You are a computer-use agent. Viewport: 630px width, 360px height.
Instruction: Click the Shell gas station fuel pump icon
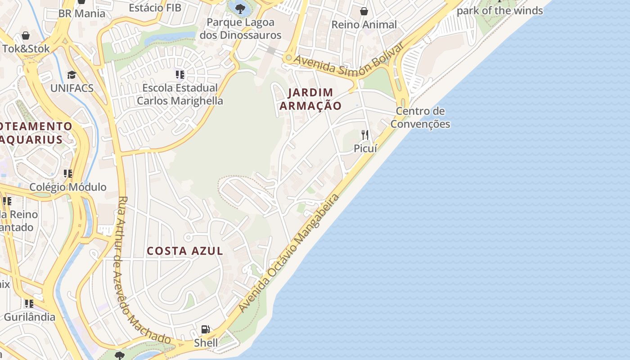tap(205, 329)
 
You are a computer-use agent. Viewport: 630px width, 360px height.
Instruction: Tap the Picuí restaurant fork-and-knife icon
tap(365, 135)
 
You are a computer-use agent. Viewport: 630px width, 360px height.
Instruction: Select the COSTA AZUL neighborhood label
tap(185, 251)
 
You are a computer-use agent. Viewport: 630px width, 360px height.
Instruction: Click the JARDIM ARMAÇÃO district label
tap(310, 99)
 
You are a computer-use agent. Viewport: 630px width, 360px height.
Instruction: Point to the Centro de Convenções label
tap(420, 117)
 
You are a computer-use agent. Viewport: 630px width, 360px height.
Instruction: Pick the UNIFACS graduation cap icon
tap(72, 75)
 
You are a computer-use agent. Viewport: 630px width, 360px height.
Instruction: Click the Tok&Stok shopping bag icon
tap(26, 36)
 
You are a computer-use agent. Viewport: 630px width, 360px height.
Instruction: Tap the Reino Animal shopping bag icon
tap(364, 11)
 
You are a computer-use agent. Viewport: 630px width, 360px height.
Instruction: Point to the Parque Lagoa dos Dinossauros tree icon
tap(240, 8)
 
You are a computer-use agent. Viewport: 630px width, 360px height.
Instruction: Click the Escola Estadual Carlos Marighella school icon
tap(180, 74)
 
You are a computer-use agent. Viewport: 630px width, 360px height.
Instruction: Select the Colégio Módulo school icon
tap(68, 174)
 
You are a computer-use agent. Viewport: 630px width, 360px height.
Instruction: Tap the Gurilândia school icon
tap(29, 304)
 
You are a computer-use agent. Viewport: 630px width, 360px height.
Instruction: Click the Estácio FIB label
tap(155, 8)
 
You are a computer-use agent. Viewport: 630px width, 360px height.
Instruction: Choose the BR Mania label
tap(82, 13)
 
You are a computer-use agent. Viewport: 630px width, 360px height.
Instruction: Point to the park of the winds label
tap(500, 10)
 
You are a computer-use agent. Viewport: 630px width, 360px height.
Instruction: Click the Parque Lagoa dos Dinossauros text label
tap(240, 28)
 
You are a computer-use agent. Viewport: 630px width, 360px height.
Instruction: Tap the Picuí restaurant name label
tap(365, 148)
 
